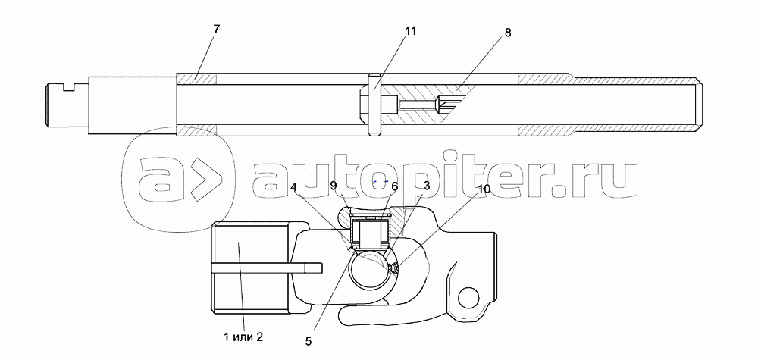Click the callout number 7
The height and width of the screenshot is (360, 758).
216,29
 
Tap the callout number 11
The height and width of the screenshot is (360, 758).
410,31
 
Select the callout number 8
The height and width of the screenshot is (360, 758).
507,33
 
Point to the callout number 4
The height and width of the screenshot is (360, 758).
294,186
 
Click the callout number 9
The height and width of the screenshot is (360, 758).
334,186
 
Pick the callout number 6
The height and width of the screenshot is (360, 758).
394,186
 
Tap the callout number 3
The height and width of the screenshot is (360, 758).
426,186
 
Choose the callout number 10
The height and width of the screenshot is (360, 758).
484,189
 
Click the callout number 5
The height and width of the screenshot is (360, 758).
309,341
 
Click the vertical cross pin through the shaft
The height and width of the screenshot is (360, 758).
374,105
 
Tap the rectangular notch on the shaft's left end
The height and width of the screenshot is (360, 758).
70,86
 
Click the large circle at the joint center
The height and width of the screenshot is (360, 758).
369,269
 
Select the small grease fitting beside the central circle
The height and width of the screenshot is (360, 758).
394,268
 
